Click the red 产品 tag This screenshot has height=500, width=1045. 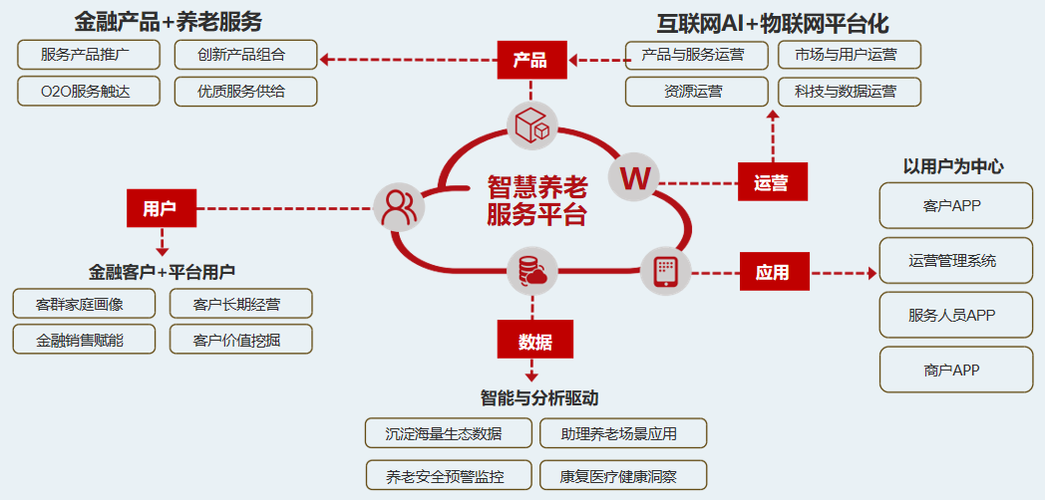click(x=531, y=60)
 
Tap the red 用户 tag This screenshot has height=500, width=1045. click(x=161, y=208)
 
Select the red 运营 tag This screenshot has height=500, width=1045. click(x=772, y=182)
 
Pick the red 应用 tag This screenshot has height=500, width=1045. click(x=774, y=271)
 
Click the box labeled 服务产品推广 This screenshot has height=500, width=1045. click(x=88, y=55)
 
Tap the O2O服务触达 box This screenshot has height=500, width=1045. click(x=88, y=92)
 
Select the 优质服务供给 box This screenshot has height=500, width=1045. click(x=245, y=92)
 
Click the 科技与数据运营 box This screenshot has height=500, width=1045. click(x=849, y=92)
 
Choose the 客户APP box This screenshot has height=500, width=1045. click(x=955, y=205)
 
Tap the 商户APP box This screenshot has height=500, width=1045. click(x=955, y=370)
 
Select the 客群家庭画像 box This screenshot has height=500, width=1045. click(x=83, y=304)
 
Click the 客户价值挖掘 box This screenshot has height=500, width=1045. click(x=240, y=340)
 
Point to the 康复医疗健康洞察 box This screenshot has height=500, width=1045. click(x=623, y=476)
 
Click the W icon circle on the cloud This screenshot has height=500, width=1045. click(x=635, y=178)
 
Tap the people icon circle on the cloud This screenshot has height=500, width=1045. click(x=399, y=207)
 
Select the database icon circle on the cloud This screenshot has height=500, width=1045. click(x=530, y=272)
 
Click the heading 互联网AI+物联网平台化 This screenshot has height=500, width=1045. click(x=772, y=22)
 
